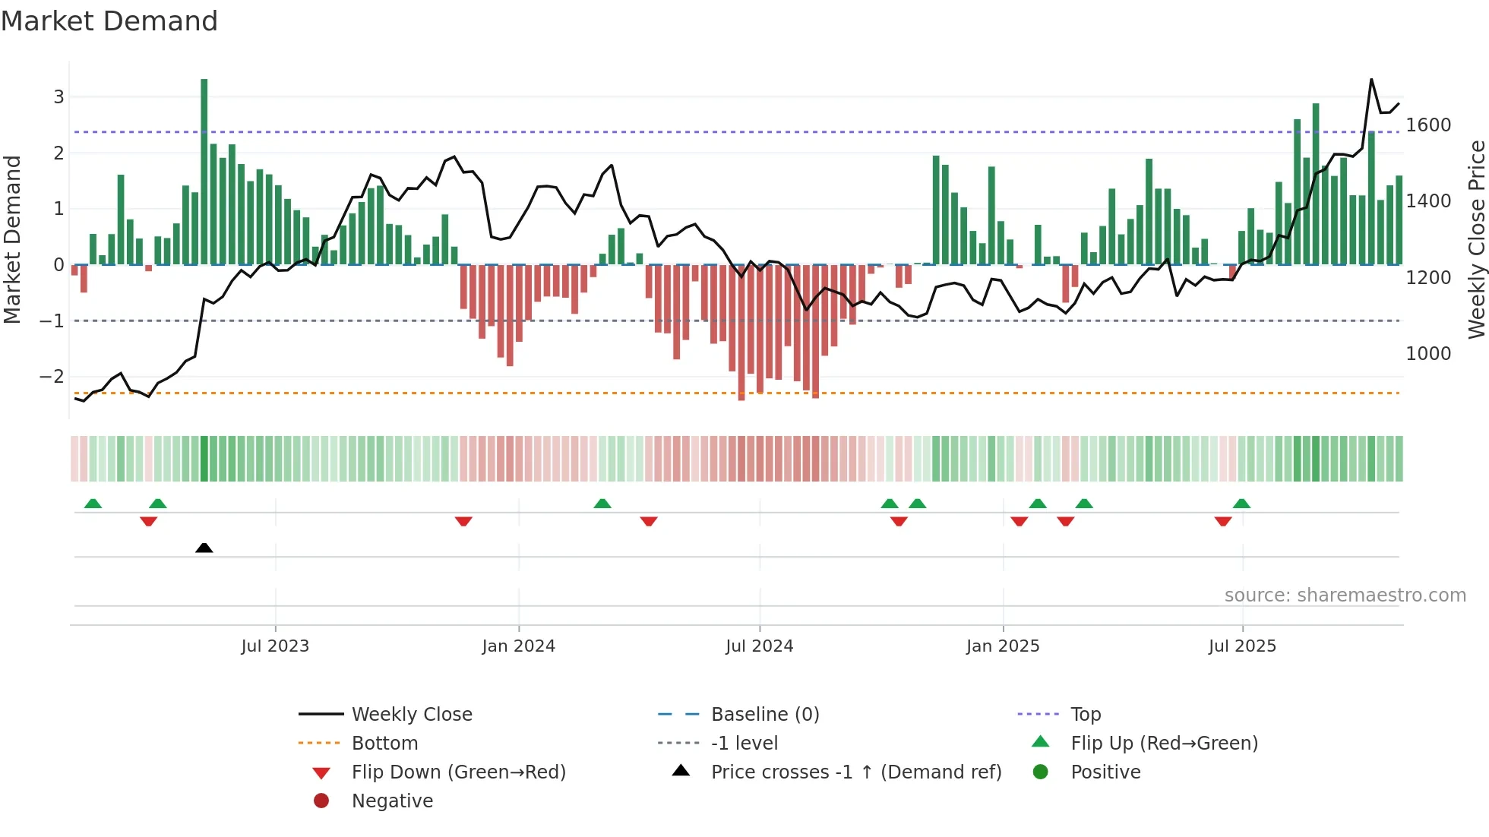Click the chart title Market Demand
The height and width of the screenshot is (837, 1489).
pyautogui.click(x=109, y=21)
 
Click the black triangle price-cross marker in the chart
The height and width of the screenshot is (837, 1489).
pyautogui.click(x=204, y=548)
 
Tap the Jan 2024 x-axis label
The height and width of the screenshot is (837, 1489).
pyautogui.click(x=518, y=646)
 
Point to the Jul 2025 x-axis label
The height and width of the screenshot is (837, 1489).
pyautogui.click(x=1242, y=646)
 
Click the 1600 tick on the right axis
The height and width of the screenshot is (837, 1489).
pyautogui.click(x=1428, y=125)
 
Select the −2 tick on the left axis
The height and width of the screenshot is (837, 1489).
pyautogui.click(x=52, y=377)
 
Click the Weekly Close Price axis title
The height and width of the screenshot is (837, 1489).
pyautogui.click(x=1476, y=239)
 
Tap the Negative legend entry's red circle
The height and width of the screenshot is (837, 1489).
pyautogui.click(x=321, y=801)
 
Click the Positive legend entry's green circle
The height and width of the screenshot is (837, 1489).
pyautogui.click(x=1041, y=772)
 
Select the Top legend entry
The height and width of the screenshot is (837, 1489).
pyautogui.click(x=1085, y=715)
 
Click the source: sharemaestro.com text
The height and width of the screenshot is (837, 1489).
pyautogui.click(x=1345, y=595)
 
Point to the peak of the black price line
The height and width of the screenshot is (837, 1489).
pyautogui.click(x=1371, y=79)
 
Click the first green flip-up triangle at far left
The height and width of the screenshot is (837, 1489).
pyautogui.click(x=93, y=504)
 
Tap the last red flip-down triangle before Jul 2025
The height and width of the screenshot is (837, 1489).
pyautogui.click(x=1223, y=521)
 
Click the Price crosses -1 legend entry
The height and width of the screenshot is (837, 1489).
pyautogui.click(x=855, y=772)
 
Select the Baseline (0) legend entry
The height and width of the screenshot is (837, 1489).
pyautogui.click(x=764, y=715)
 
